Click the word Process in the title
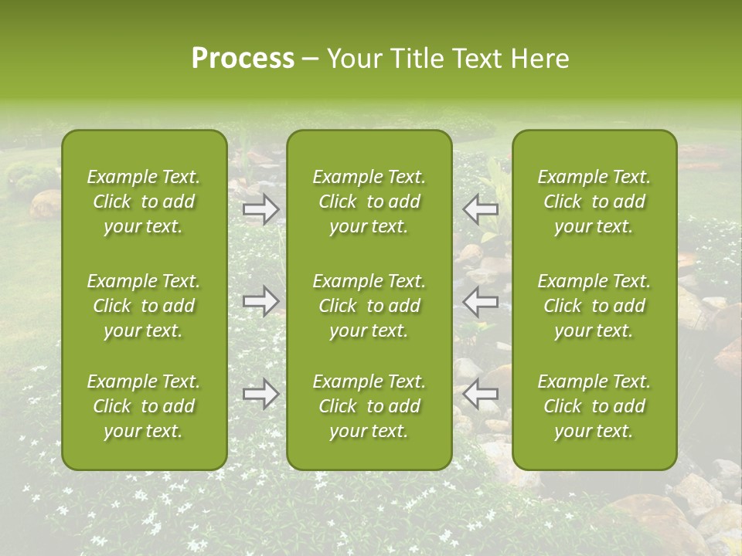(x=243, y=59)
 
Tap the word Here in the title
(x=539, y=59)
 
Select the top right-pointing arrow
(x=261, y=208)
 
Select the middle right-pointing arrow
(x=261, y=300)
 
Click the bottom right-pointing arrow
(x=261, y=394)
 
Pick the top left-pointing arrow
(x=481, y=208)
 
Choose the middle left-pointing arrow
(x=481, y=300)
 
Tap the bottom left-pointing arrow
(x=481, y=394)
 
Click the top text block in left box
(x=144, y=202)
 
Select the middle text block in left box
(x=144, y=306)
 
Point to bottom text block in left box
(x=144, y=406)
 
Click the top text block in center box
(x=369, y=202)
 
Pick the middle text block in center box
(x=369, y=306)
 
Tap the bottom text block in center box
(x=369, y=406)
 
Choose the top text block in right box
(x=594, y=202)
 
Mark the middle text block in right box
(x=594, y=306)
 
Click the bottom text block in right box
(x=594, y=406)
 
